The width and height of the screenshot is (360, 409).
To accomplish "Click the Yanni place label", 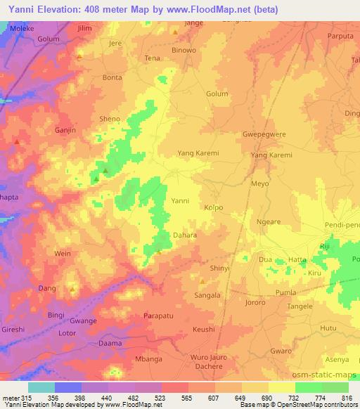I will coord(181,200).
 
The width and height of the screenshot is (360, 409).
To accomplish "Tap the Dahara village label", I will coord(185,235).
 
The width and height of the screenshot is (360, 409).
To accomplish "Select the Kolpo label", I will coord(213,208).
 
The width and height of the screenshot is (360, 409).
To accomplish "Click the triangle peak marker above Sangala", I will coord(202,282).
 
